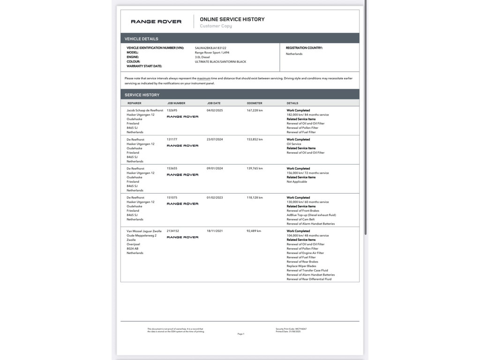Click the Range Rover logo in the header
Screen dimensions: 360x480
pyautogui.click(x=156, y=22)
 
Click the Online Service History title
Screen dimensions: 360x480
pyautogui.click(x=232, y=19)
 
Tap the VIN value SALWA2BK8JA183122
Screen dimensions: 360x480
pyautogui.click(x=210, y=48)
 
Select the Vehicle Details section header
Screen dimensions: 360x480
pyautogui.click(x=142, y=39)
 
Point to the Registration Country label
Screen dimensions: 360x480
pyautogui.click(x=304, y=48)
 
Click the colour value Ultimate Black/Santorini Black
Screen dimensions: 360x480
pyautogui.click(x=220, y=61)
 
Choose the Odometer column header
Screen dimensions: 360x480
pyautogui.click(x=255, y=103)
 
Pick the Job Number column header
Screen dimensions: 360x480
pyautogui.click(x=176, y=103)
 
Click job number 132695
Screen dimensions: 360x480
pyautogui.click(x=172, y=110)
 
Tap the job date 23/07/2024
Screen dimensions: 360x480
pyautogui.click(x=215, y=139)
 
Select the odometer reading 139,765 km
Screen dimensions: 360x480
pyautogui.click(x=255, y=168)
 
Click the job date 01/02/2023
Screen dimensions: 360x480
pyautogui.click(x=215, y=197)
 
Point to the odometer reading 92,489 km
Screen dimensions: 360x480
pyautogui.click(x=254, y=231)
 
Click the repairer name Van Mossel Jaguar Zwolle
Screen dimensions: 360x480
pyautogui.click(x=144, y=231)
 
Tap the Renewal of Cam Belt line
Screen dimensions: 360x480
pyautogui.click(x=301, y=219)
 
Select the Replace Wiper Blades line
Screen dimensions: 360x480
pyautogui.click(x=301, y=266)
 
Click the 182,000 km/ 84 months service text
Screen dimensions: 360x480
pyautogui.click(x=307, y=115)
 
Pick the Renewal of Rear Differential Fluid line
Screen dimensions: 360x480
pyautogui.click(x=309, y=279)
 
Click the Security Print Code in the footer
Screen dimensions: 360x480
pyautogui.click(x=291, y=329)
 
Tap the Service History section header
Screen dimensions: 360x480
pyautogui.click(x=142, y=95)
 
